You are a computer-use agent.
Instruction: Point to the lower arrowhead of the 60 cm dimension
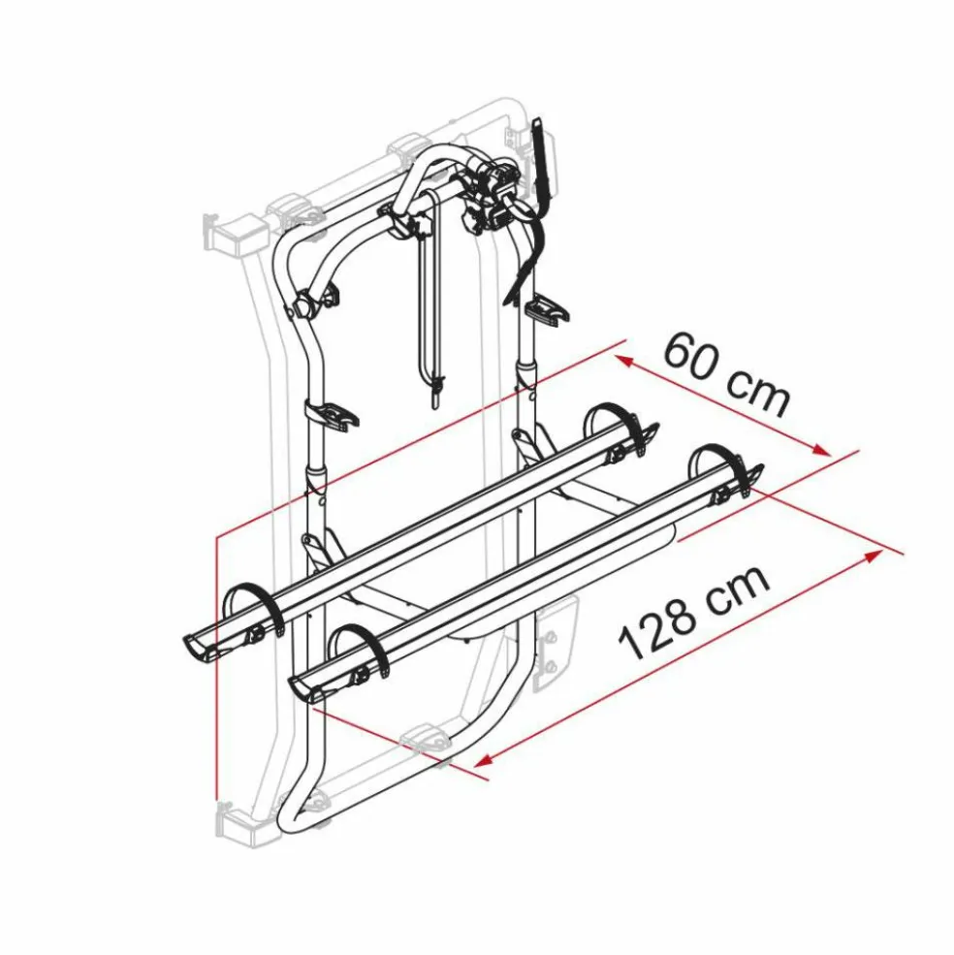[x=820, y=450]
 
